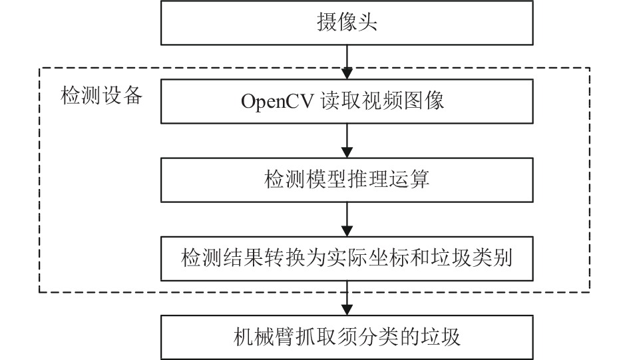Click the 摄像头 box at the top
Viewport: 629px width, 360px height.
347,23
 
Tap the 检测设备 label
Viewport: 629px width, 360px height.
102,96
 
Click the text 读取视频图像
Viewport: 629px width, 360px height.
382,100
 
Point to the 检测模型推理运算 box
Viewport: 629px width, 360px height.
347,180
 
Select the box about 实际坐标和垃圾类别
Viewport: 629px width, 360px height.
347,259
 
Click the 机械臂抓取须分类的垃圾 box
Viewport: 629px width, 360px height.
347,337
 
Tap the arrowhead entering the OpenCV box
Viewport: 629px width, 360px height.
347,74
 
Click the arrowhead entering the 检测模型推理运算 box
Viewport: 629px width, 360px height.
347,152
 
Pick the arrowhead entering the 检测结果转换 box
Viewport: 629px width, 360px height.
347,231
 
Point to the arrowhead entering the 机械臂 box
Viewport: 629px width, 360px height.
347,309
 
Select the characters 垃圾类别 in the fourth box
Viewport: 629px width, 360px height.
472,258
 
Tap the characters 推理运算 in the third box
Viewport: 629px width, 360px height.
389,179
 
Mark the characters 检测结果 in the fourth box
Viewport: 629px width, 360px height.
222,258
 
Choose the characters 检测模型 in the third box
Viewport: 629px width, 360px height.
306,179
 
